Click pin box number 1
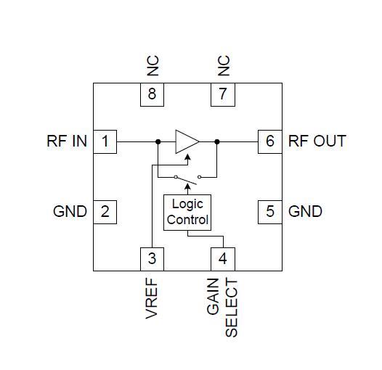click(105, 141)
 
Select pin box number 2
click(105, 212)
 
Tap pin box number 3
click(152, 258)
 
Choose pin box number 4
click(223, 258)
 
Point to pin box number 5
click(270, 212)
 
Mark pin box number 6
click(270, 141)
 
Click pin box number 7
click(223, 94)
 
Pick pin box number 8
click(152, 94)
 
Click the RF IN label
click(67, 141)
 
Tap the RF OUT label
click(317, 141)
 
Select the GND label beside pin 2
click(70, 212)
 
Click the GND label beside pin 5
click(305, 212)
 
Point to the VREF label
click(152, 298)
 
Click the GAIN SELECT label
click(222, 307)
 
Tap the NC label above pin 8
click(152, 66)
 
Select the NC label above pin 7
click(223, 66)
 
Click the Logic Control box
click(187, 213)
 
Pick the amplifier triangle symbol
click(186, 141)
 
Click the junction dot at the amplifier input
click(158, 141)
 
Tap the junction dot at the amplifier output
click(217, 141)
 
